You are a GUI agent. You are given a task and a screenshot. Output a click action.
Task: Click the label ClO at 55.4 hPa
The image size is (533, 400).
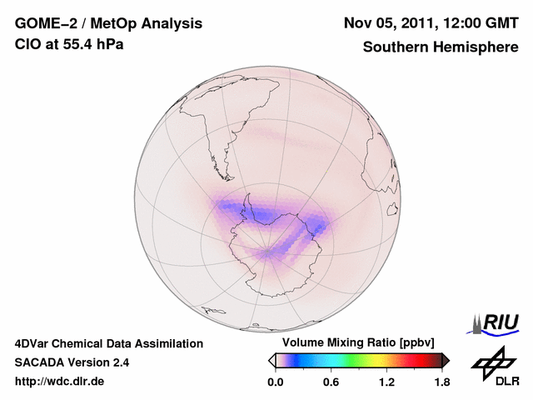69,44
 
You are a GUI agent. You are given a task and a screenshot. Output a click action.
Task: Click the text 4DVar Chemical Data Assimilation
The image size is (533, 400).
109,343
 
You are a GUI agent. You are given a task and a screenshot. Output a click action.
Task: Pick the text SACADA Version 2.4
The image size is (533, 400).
72,362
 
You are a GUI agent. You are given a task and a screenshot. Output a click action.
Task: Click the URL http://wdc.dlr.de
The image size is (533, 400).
60,382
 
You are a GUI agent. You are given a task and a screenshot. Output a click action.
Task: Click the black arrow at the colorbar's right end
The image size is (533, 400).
446,360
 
